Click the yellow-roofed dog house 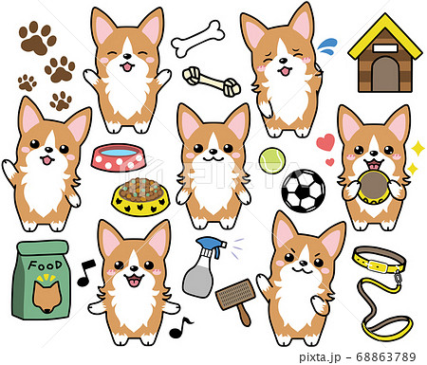tap(385, 54)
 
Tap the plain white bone tap(198, 39)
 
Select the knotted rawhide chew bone tap(212, 82)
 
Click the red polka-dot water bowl tap(119, 157)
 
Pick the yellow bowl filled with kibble tap(140, 197)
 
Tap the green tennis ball tap(272, 161)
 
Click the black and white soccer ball tap(304, 191)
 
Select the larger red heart tap(325, 142)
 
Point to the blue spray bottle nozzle tap(212, 246)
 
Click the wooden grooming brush tap(237, 301)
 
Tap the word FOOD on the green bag tap(45, 265)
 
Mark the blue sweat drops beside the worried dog tap(327, 46)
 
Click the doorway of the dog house tap(384, 75)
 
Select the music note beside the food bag tap(85, 273)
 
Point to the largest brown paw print tap(37, 38)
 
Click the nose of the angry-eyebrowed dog tap(304, 263)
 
